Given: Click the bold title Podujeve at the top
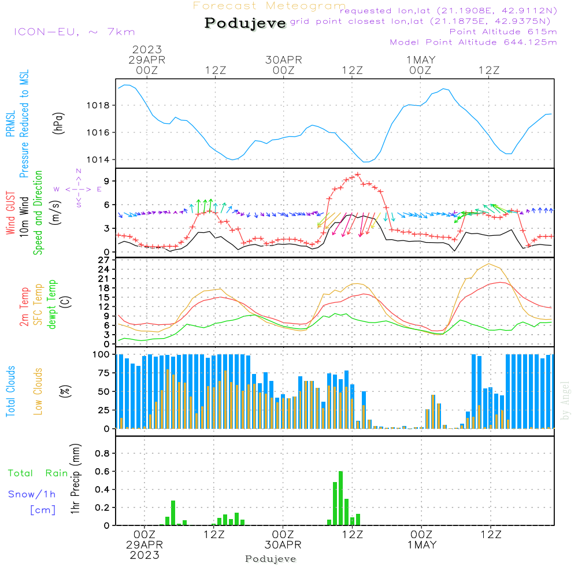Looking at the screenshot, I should click(245, 23).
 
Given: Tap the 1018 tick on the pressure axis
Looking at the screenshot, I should click(102, 106).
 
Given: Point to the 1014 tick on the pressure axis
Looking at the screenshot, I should click(102, 160).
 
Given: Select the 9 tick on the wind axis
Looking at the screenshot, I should click(106, 181).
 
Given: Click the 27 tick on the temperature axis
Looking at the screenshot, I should click(105, 260).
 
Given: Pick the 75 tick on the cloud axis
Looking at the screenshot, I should click(104, 373).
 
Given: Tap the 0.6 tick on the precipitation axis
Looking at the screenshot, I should click(102, 472).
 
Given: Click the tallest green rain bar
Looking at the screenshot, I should click(340, 498).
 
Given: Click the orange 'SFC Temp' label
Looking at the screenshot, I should click(39, 304).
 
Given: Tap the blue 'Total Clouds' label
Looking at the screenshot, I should click(10, 391).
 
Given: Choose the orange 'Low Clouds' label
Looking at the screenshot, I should click(39, 391).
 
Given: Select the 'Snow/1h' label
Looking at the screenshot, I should click(32, 494).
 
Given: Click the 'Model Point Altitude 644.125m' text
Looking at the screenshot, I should click(473, 42).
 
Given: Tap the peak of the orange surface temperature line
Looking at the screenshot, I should click(490, 264).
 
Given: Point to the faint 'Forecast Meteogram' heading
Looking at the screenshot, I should click(269, 6).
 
